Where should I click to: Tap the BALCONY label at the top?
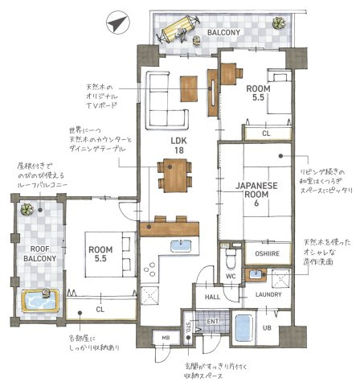coord(223,32)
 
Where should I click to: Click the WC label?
coord(230,277)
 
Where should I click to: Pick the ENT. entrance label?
coord(214,322)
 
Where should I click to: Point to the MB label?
coord(166,337)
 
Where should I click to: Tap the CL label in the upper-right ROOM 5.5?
coord(265,132)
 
